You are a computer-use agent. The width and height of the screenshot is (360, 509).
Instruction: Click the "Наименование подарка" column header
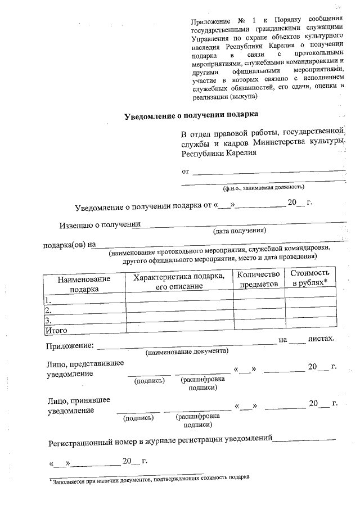(x=84, y=283)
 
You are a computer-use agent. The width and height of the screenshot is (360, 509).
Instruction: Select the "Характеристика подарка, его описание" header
(x=179, y=281)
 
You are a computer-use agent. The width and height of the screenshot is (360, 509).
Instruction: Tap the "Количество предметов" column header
(x=259, y=279)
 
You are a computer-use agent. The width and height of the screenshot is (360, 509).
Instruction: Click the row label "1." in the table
(x=48, y=300)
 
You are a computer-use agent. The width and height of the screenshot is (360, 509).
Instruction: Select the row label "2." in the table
(x=48, y=310)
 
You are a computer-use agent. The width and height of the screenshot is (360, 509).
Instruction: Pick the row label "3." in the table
(x=48, y=320)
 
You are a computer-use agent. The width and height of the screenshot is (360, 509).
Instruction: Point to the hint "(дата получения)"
(x=239, y=231)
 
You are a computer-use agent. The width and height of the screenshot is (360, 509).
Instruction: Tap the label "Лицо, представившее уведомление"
(x=85, y=368)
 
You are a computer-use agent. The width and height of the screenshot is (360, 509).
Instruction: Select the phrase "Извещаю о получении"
(x=99, y=226)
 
